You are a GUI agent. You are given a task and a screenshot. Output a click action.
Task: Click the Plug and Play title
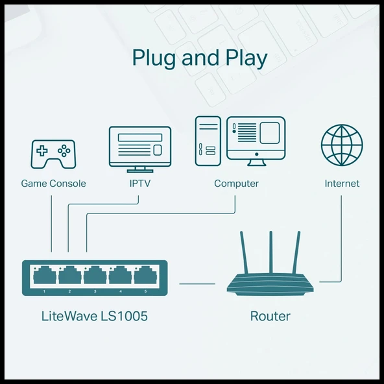click(x=199, y=58)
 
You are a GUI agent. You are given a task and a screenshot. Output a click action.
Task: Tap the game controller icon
click(x=53, y=154)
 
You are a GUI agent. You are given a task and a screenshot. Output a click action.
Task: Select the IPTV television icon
click(x=140, y=146)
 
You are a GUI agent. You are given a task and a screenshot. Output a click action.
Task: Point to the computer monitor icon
click(x=256, y=138)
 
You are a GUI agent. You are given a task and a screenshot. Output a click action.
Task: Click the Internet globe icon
click(x=341, y=146)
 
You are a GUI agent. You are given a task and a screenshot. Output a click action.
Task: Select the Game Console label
click(x=53, y=184)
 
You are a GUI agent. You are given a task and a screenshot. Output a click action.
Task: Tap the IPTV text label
click(x=140, y=184)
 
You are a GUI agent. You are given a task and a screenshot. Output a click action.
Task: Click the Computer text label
click(x=236, y=184)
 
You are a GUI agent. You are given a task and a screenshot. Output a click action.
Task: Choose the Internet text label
click(x=342, y=184)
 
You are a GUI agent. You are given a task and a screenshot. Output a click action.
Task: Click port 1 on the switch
click(x=45, y=276)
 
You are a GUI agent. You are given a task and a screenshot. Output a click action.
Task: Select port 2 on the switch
click(x=69, y=276)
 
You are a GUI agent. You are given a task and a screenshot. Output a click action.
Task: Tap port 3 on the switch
click(x=95, y=276)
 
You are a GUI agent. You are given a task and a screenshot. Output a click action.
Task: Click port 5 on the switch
click(x=145, y=276)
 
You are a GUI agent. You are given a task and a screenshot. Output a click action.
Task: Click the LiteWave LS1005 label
click(x=94, y=317)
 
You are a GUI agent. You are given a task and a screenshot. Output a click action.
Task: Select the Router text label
click(x=270, y=317)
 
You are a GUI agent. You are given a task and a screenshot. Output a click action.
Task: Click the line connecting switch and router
click(x=197, y=283)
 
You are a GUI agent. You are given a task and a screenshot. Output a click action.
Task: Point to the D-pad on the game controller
click(x=42, y=151)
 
